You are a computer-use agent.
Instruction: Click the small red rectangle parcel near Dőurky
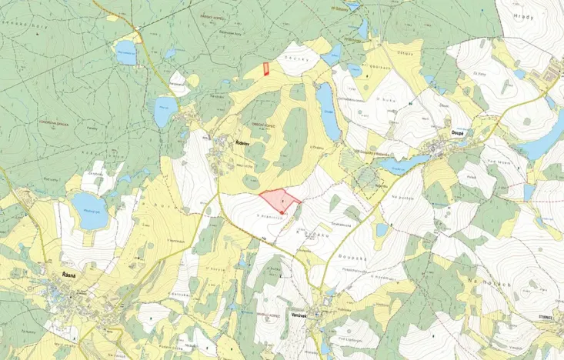coord(266,68)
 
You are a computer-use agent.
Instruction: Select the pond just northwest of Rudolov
coord(164,112)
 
